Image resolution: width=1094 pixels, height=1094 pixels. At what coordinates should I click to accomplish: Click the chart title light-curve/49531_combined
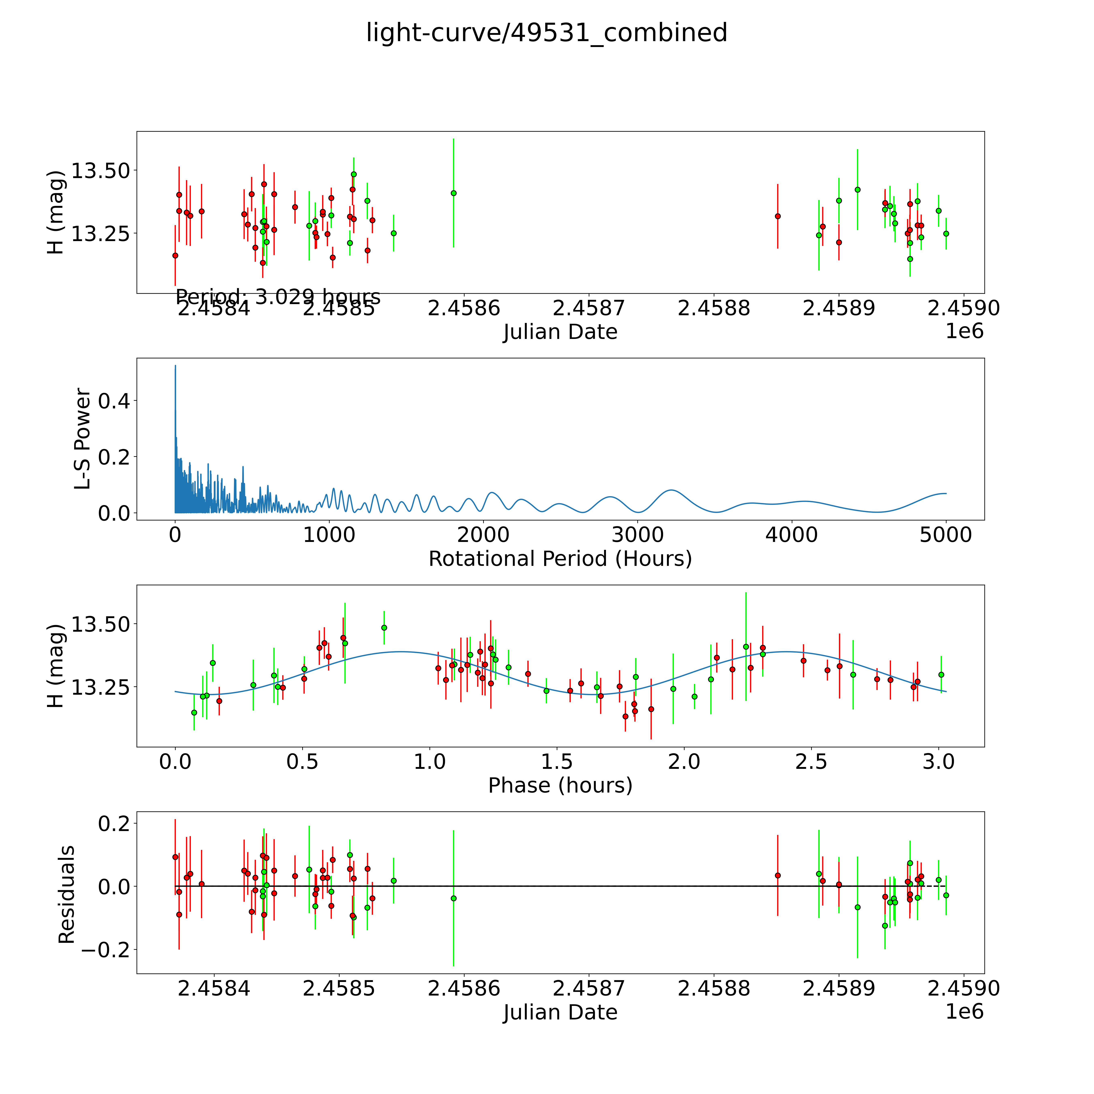coord(546,33)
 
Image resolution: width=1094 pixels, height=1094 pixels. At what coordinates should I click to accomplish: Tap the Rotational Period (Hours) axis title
coord(560,559)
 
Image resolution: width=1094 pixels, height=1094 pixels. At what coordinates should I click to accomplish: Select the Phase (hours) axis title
coord(560,785)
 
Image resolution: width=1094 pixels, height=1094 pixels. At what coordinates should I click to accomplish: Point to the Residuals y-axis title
coord(67,895)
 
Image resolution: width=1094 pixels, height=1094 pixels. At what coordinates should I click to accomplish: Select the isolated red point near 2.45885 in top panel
coord(778,216)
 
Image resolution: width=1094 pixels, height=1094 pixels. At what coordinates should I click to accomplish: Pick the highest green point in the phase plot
coord(384,627)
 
